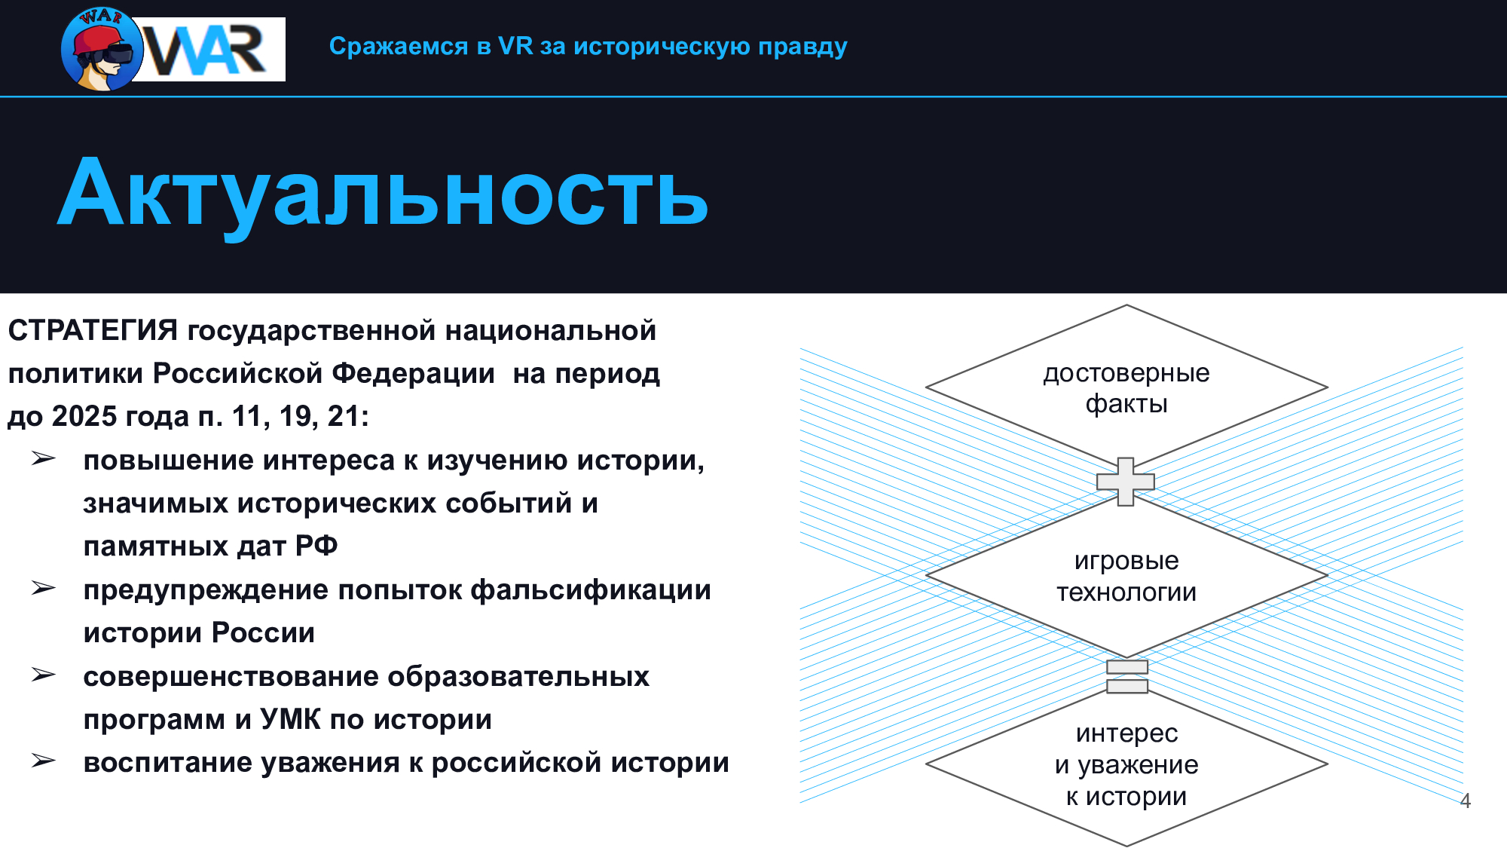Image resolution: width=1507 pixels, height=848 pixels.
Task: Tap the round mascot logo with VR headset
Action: tap(102, 50)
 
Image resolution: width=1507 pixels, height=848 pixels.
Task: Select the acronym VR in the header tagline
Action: tap(515, 46)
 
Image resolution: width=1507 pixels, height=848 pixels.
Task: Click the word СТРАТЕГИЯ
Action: tap(93, 330)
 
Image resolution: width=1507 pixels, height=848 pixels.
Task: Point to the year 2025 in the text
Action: tap(84, 416)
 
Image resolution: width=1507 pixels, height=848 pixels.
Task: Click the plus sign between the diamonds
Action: tap(1126, 481)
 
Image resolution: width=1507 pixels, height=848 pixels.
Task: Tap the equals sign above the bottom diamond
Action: tap(1127, 676)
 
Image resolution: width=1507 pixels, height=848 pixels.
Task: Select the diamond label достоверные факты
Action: tap(1126, 388)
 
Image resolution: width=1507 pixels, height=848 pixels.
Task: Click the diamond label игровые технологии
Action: tap(1126, 576)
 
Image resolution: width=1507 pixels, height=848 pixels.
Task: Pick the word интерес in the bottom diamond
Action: tap(1126, 733)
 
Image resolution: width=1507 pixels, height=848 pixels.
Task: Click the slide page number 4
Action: tap(1466, 801)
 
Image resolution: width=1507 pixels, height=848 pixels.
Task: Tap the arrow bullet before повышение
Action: tap(44, 458)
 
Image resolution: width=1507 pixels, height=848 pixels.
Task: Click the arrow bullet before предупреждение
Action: tap(44, 588)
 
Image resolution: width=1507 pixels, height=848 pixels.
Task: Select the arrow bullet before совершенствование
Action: tap(44, 675)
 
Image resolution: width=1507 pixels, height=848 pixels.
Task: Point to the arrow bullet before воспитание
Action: tap(44, 761)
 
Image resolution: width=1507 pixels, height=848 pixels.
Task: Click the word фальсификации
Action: tap(591, 590)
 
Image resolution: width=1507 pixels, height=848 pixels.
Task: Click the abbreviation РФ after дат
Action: tap(316, 546)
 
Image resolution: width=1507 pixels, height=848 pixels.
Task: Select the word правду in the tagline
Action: tap(802, 47)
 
